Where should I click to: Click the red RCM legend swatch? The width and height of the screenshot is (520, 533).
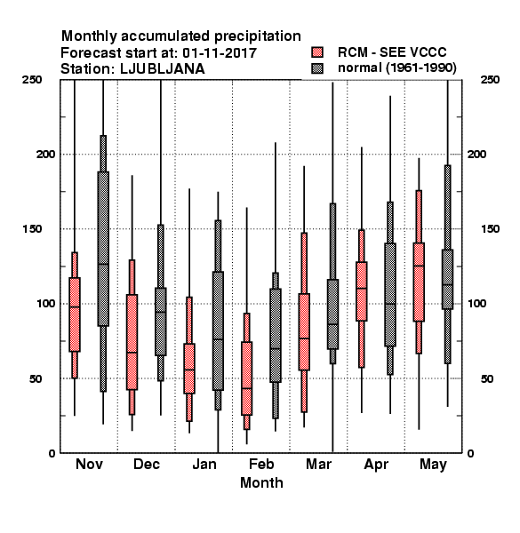pyautogui.click(x=317, y=52)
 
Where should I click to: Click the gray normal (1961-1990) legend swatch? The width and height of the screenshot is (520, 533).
pyautogui.click(x=317, y=68)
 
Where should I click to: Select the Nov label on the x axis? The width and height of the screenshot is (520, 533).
pyautogui.click(x=89, y=464)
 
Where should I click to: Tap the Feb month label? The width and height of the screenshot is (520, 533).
pyautogui.click(x=261, y=464)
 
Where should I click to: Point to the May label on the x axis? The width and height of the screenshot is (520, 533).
pyautogui.click(x=433, y=465)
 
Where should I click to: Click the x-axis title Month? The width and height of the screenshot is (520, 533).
pyautogui.click(x=261, y=482)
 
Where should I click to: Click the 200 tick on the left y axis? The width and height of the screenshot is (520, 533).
pyautogui.click(x=45, y=154)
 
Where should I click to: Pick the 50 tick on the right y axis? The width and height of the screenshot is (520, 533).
pyautogui.click(x=487, y=378)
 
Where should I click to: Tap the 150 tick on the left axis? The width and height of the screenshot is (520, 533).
pyautogui.click(x=32, y=229)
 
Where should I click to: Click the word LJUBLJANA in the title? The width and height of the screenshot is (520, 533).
pyautogui.click(x=163, y=69)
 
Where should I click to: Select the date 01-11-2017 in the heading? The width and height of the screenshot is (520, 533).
pyautogui.click(x=220, y=53)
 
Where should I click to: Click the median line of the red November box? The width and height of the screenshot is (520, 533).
pyautogui.click(x=75, y=307)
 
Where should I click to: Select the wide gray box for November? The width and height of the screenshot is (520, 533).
pyautogui.click(x=103, y=249)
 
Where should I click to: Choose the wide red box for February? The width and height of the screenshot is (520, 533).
pyautogui.click(x=246, y=378)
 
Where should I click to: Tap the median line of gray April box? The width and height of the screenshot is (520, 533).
pyautogui.click(x=390, y=304)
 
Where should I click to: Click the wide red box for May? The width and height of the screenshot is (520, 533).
pyautogui.click(x=419, y=282)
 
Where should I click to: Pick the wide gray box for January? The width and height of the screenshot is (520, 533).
pyautogui.click(x=218, y=330)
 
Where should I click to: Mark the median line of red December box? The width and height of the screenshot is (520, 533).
pyautogui.click(x=132, y=353)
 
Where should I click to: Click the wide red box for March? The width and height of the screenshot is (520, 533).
pyautogui.click(x=304, y=331)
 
